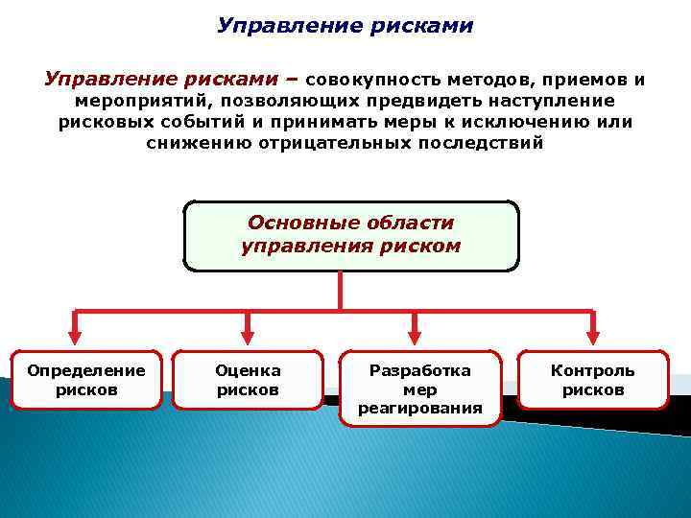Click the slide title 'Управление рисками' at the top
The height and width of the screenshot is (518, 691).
click(x=345, y=25)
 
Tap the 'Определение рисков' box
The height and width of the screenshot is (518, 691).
click(x=86, y=380)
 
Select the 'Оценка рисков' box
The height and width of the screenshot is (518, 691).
click(x=248, y=380)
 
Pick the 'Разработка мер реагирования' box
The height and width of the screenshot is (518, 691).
click(x=420, y=388)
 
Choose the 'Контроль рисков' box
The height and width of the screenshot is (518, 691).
click(x=592, y=380)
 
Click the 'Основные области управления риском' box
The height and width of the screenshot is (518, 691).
click(x=350, y=235)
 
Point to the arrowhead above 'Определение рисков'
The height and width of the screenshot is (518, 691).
click(x=76, y=337)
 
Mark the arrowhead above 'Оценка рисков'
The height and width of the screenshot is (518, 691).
click(x=248, y=337)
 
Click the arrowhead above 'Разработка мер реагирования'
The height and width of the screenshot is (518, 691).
click(x=415, y=337)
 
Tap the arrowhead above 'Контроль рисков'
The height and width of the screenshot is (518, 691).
click(x=592, y=337)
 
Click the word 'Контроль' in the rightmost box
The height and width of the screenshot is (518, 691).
click(x=592, y=370)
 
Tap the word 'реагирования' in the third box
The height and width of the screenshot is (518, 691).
click(x=420, y=409)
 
